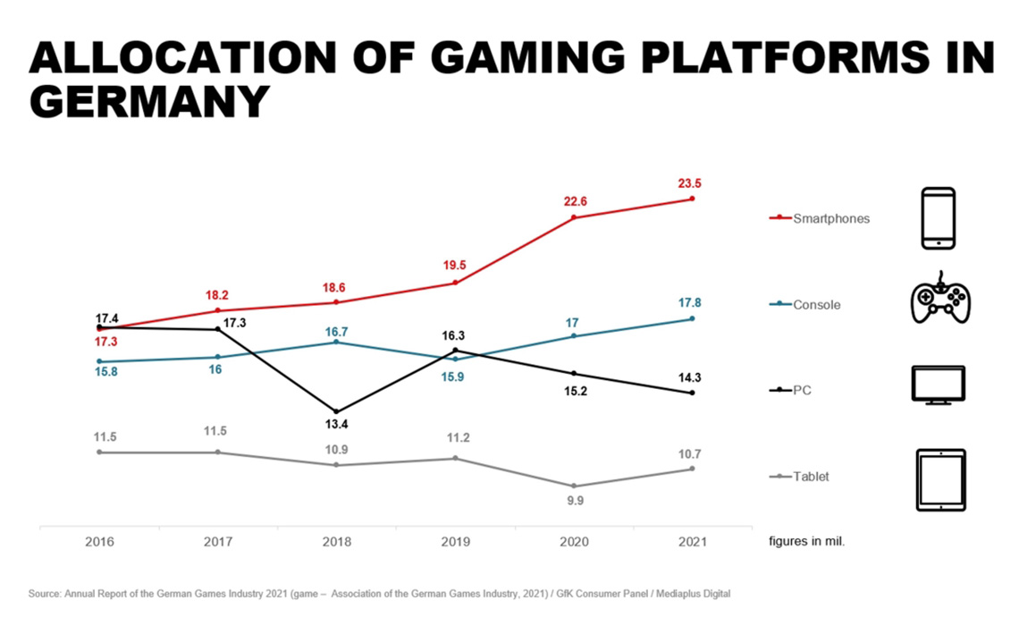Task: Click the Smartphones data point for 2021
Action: pyautogui.click(x=693, y=199)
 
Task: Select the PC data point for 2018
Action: pyautogui.click(x=336, y=411)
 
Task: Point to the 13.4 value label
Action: pyautogui.click(x=336, y=424)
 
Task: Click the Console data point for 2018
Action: pyautogui.click(x=336, y=343)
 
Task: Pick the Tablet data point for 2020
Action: pyautogui.click(x=574, y=486)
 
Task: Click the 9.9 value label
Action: pyautogui.click(x=574, y=501)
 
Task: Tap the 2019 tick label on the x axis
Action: pyautogui.click(x=455, y=542)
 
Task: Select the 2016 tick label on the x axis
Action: pyautogui.click(x=99, y=542)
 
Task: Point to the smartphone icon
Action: pyautogui.click(x=939, y=218)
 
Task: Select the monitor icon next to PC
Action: pyautogui.click(x=939, y=385)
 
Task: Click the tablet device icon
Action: pyautogui.click(x=940, y=479)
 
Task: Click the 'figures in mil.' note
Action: pyautogui.click(x=807, y=542)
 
